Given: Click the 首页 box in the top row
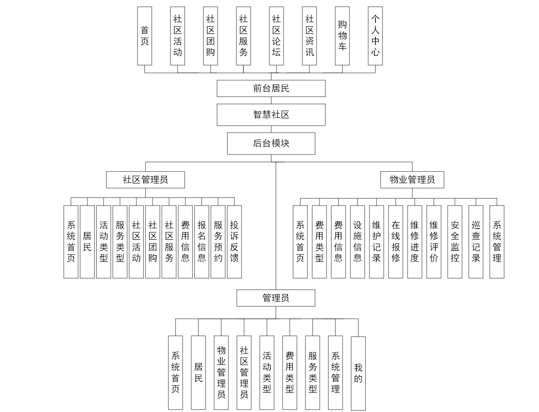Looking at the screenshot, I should (144, 36).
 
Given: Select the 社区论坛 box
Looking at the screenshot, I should (276, 36).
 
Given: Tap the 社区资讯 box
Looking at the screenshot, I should (309, 36).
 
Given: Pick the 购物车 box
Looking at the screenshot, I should (342, 36).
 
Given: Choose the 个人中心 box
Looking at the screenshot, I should (375, 36).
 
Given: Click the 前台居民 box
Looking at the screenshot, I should (271, 88).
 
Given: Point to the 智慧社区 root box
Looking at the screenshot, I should (271, 114).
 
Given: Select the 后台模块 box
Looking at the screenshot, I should (271, 143).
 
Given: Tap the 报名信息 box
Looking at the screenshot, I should (202, 242).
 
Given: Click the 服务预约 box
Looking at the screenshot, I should (218, 242).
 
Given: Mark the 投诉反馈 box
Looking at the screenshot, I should (234, 242).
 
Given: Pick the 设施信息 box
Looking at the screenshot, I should (357, 242).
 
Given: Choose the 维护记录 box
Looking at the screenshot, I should (376, 242).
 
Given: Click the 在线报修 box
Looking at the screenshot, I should (395, 242).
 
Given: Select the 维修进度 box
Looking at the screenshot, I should (415, 242).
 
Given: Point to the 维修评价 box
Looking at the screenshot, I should (434, 242).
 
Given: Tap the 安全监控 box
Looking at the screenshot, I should (455, 242).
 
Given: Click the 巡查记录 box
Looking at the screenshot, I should (476, 242).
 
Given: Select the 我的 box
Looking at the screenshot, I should (358, 373).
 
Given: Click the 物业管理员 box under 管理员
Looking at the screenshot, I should (221, 372).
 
